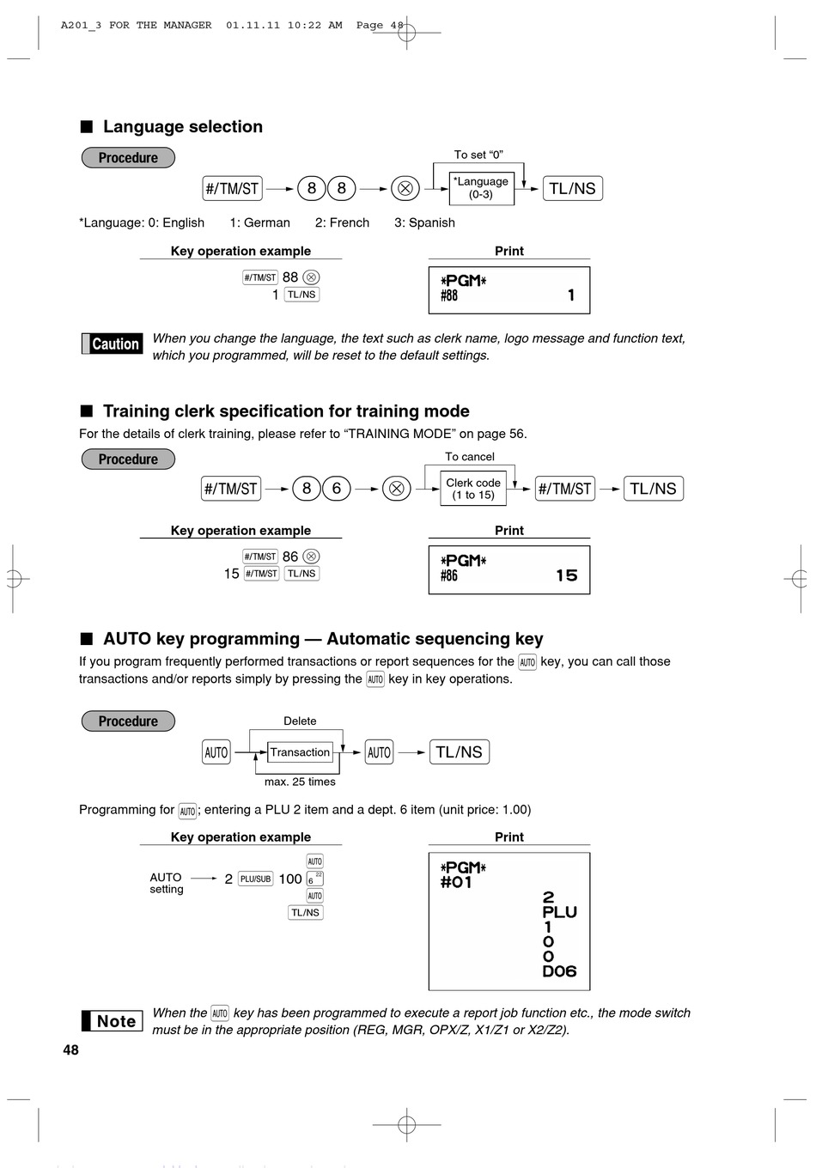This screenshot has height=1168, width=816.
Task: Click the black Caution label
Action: coord(113,344)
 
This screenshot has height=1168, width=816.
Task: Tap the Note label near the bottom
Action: coord(113,1021)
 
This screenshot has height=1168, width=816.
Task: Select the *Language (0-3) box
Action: coord(481,188)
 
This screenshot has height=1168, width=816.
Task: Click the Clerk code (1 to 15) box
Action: coord(473,489)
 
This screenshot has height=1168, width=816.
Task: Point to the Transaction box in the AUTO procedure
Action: coord(300,752)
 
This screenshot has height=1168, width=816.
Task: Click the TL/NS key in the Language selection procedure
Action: coord(573,188)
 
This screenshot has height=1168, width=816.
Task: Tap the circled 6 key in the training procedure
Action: coord(337,489)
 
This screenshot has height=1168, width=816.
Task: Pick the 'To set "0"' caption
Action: coord(478,155)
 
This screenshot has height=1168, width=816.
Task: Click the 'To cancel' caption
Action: coord(469,457)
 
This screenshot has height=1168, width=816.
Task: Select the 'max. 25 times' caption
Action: coord(300,782)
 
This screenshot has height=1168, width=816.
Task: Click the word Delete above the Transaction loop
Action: coord(300,721)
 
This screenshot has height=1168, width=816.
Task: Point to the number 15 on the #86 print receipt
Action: coord(567,575)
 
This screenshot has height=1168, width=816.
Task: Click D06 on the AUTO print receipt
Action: coord(559,970)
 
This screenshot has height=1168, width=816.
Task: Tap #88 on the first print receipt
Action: coord(449,295)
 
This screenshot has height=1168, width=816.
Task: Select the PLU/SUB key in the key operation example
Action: coord(255,879)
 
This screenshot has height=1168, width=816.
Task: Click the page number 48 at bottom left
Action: coord(71,1049)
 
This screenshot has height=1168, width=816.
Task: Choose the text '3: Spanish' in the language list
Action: coord(424,222)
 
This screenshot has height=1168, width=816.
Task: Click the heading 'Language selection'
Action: coord(183,126)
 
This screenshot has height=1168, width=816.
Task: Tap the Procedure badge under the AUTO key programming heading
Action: coord(128,721)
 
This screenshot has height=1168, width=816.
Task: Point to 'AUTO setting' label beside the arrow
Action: coord(167,883)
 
